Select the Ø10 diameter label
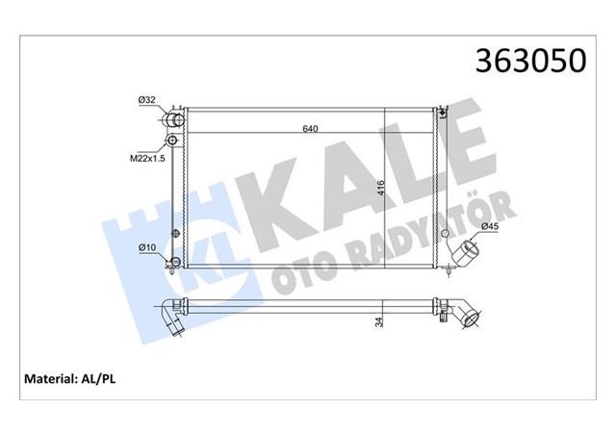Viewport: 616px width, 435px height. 147,248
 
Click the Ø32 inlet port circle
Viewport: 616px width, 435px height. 174,119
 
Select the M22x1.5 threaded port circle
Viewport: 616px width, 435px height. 173,142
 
